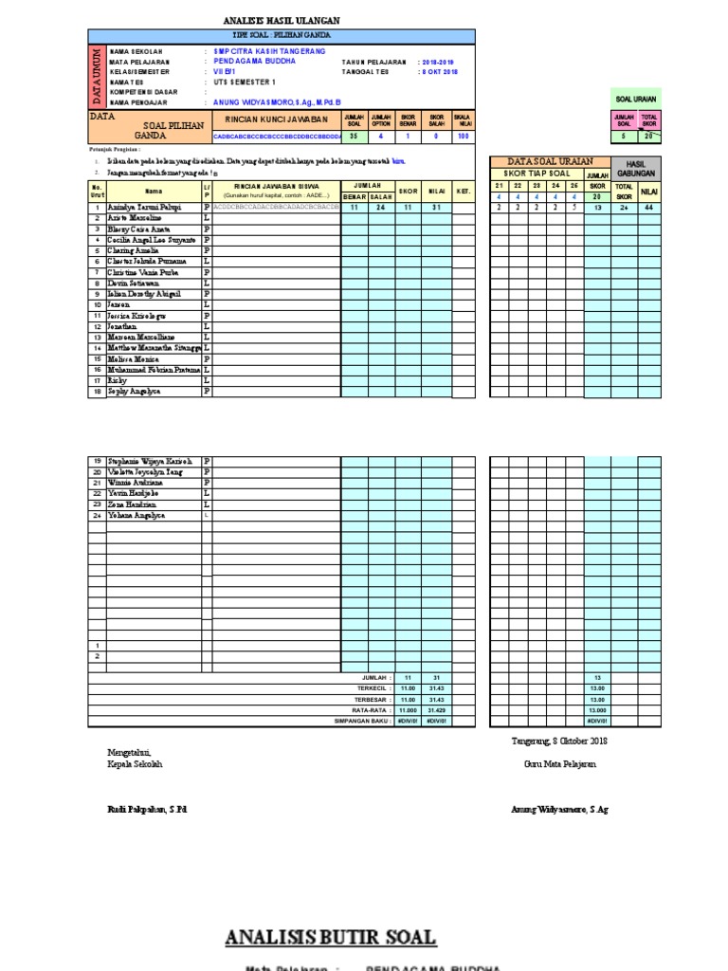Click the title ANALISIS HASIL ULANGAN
coord(282,20)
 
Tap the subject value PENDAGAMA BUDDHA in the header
coord(254,61)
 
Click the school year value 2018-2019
coord(438,61)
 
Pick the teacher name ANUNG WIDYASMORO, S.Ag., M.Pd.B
coord(278,101)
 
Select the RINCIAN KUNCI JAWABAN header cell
coord(276,120)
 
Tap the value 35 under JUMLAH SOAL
coord(354,137)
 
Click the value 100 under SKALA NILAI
coord(464,137)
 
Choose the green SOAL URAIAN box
coord(636,99)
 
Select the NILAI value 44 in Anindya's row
coord(649,207)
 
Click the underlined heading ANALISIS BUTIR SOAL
coord(331,938)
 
